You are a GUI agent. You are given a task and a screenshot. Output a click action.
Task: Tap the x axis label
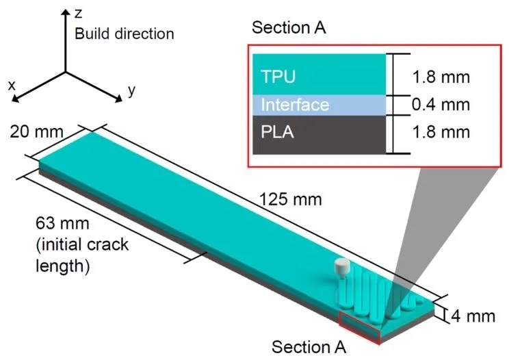coord(12,85)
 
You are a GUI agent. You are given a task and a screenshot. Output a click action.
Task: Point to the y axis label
coord(131,89)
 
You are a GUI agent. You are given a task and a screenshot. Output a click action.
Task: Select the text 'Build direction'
coord(125,33)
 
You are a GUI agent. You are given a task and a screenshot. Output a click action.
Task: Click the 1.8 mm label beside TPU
coord(441,76)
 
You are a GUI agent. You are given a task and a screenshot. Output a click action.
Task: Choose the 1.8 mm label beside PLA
coord(441,132)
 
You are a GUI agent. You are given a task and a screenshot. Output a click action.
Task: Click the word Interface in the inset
coord(295,105)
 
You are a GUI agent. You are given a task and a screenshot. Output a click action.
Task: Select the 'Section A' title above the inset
coord(289,28)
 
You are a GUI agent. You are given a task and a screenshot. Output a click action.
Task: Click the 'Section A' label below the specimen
coord(309,346)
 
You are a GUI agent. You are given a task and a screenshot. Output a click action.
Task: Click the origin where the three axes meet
coord(66,70)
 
